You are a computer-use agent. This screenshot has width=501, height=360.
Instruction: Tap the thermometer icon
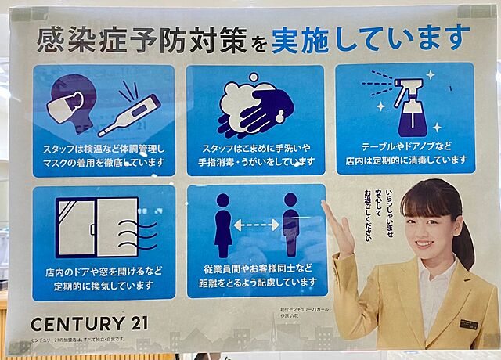click(x=130, y=113)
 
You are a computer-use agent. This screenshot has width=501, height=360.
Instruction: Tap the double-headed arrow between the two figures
click(x=256, y=225)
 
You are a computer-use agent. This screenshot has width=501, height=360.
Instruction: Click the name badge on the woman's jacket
click(x=468, y=323)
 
